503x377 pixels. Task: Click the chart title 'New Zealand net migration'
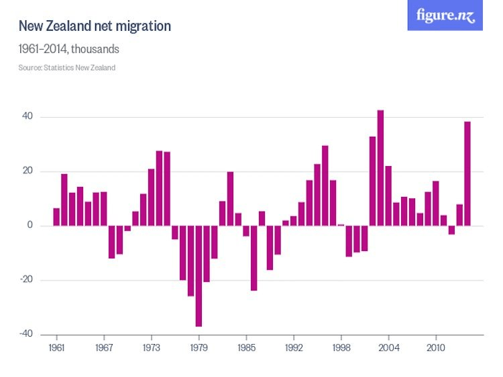[x=95, y=26]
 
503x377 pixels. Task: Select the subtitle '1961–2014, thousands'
[x=68, y=50]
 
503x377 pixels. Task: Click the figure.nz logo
[x=445, y=15]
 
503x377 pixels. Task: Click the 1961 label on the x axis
[x=57, y=348]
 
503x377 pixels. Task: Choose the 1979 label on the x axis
[x=199, y=348]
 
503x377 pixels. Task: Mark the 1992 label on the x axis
[x=294, y=348]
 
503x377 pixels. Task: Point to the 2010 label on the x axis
[x=436, y=348]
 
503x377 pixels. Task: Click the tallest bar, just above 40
[x=380, y=168]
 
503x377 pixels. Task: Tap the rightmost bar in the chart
[x=467, y=173]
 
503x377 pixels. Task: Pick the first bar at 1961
[x=57, y=217]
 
